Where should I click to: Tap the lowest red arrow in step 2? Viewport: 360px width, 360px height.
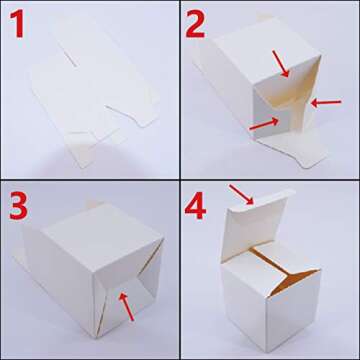pos(262,122)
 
